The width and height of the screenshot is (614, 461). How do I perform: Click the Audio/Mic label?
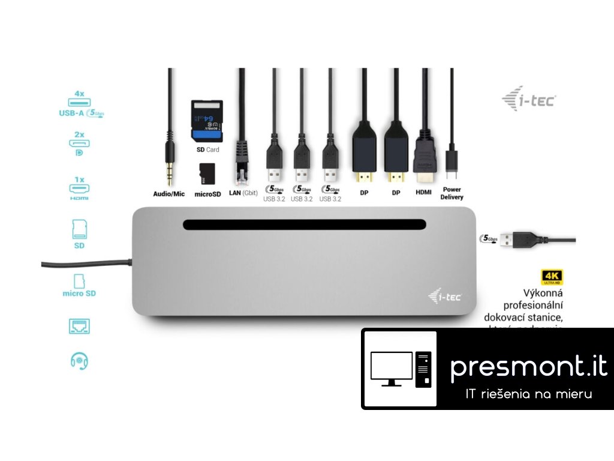(168, 194)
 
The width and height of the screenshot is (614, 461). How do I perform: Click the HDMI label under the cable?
(424, 193)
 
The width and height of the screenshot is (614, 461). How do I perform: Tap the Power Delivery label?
(452, 193)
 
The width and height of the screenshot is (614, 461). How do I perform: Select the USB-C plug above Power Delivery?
(452, 161)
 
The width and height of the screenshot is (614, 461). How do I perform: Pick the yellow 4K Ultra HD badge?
(551, 277)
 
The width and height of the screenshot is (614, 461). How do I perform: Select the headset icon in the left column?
(79, 360)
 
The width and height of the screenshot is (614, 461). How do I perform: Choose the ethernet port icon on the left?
(79, 326)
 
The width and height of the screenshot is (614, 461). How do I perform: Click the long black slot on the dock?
(305, 225)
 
